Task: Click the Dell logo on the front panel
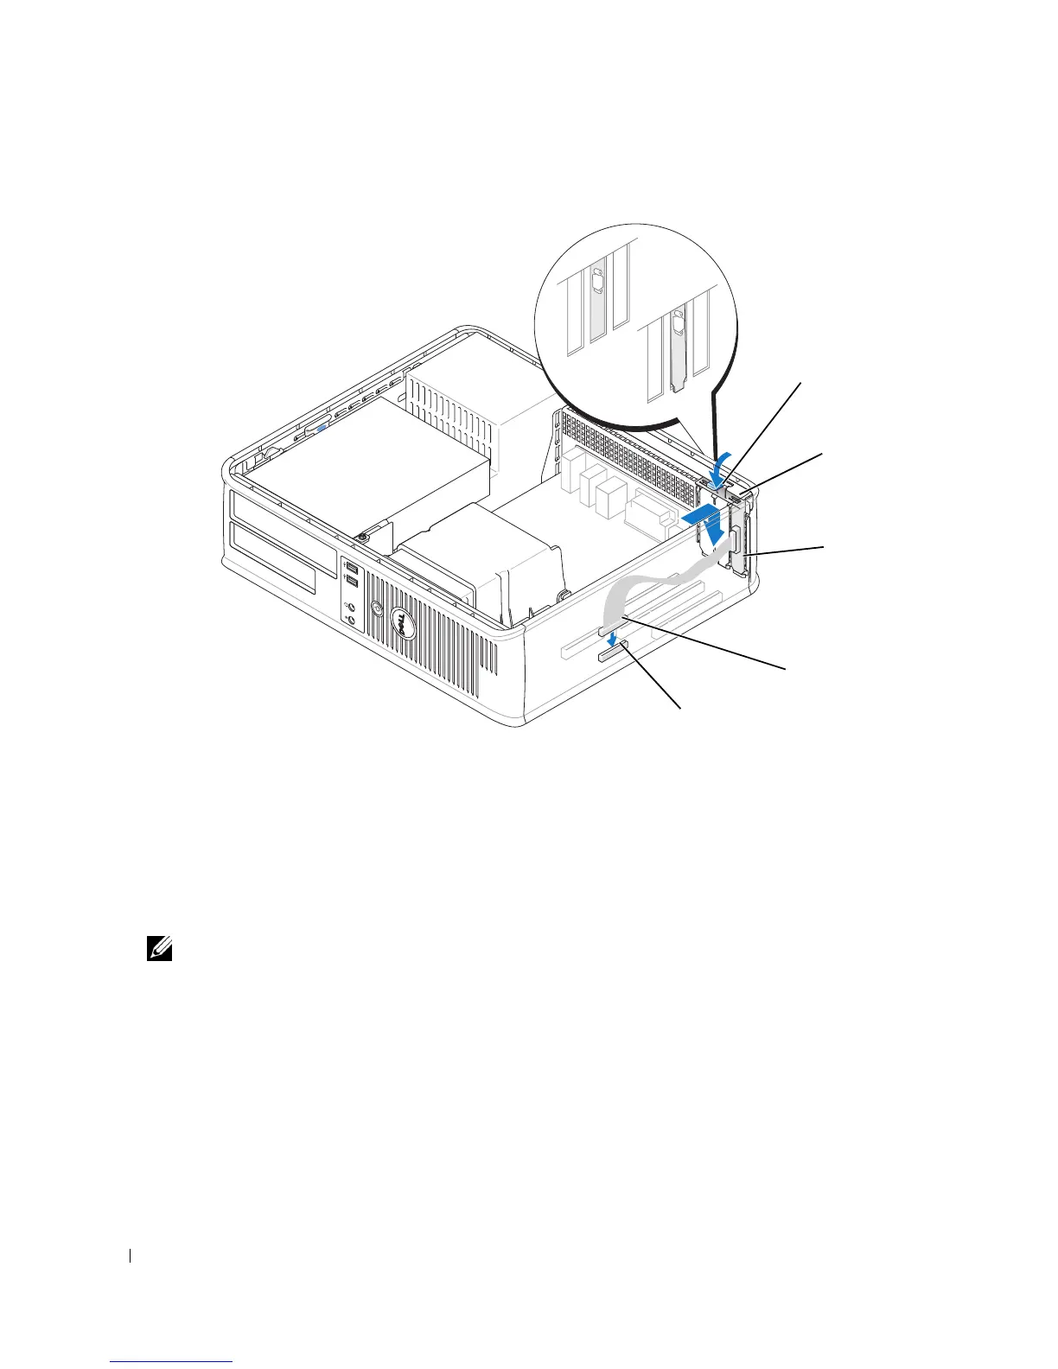tap(400, 621)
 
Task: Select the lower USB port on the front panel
tap(349, 582)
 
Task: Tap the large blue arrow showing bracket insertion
tap(704, 522)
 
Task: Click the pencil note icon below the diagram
tap(162, 952)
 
